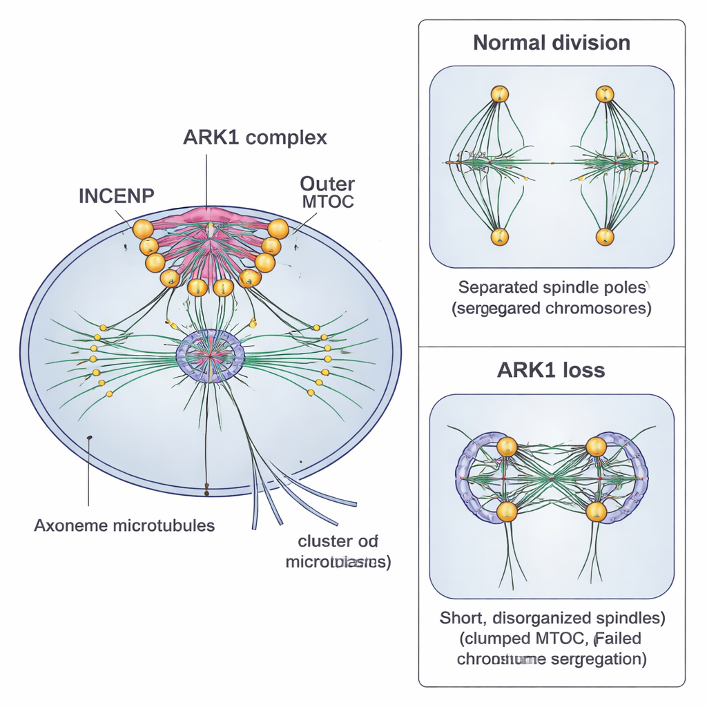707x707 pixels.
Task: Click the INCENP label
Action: (x=116, y=195)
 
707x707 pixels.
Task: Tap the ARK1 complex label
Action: (x=255, y=137)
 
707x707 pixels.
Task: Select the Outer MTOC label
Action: (x=327, y=192)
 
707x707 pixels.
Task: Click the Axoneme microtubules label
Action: (x=124, y=525)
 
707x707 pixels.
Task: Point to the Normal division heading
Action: (x=552, y=43)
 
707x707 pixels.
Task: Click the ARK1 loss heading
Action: (x=551, y=370)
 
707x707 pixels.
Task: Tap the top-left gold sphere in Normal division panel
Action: (x=499, y=94)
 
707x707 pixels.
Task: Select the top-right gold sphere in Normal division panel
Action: (x=605, y=94)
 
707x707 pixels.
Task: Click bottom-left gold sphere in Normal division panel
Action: (x=499, y=237)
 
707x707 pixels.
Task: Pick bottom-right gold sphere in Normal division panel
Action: (x=605, y=237)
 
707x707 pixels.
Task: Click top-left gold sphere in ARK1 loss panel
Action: (x=507, y=447)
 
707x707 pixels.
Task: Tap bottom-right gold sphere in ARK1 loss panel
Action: (x=596, y=512)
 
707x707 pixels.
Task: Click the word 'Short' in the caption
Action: (x=459, y=617)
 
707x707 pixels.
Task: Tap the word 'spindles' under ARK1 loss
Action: (x=628, y=617)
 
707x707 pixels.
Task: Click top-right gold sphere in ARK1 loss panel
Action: (x=596, y=447)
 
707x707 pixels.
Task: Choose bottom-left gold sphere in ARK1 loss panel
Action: (x=507, y=512)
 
